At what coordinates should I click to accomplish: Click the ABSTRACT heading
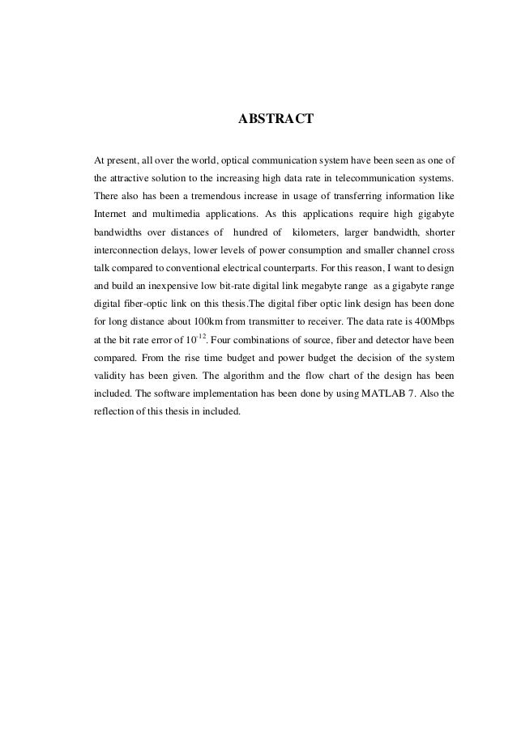pos(274,121)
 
